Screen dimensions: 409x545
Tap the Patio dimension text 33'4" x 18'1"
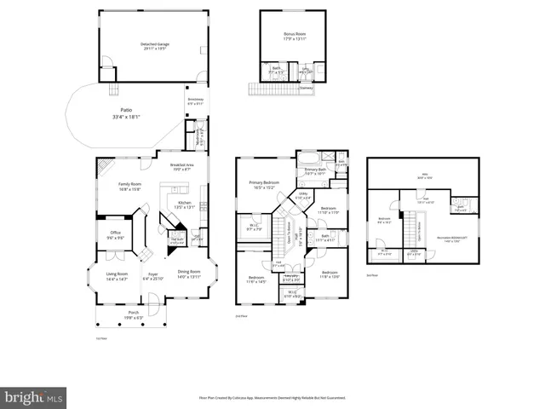click(x=126, y=117)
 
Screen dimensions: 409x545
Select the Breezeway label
click(x=196, y=100)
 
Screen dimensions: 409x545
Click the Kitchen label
click(x=185, y=203)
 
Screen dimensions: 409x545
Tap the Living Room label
click(x=117, y=275)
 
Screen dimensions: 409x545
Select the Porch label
click(x=134, y=313)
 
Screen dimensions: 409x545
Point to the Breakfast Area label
click(x=183, y=164)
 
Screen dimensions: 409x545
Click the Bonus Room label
click(x=295, y=35)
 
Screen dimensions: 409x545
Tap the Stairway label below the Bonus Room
click(x=306, y=87)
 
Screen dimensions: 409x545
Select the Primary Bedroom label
click(x=264, y=183)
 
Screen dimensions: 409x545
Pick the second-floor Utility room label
click(x=302, y=193)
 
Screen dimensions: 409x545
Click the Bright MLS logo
click(x=33, y=396)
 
